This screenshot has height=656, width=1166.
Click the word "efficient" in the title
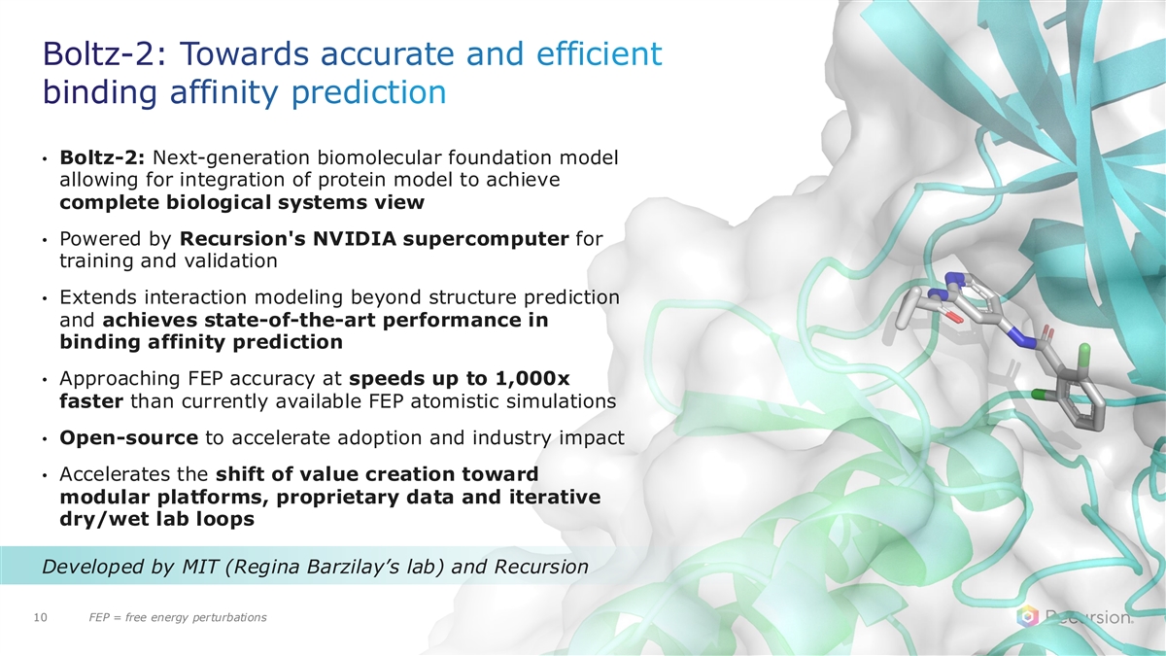coord(600,53)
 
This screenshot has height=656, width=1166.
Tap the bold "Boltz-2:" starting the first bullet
coord(101,157)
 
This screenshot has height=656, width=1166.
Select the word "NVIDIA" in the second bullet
coord(354,238)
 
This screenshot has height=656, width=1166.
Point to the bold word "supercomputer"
coord(486,239)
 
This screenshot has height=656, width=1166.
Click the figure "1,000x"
coord(532,379)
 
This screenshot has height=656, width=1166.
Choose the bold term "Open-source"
coord(128,438)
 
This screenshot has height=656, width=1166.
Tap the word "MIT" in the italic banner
coord(200,566)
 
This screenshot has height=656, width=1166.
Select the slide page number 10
coord(40,617)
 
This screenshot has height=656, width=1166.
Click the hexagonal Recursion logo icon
coord(1028,617)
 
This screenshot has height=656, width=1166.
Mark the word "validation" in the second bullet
coord(230,260)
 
